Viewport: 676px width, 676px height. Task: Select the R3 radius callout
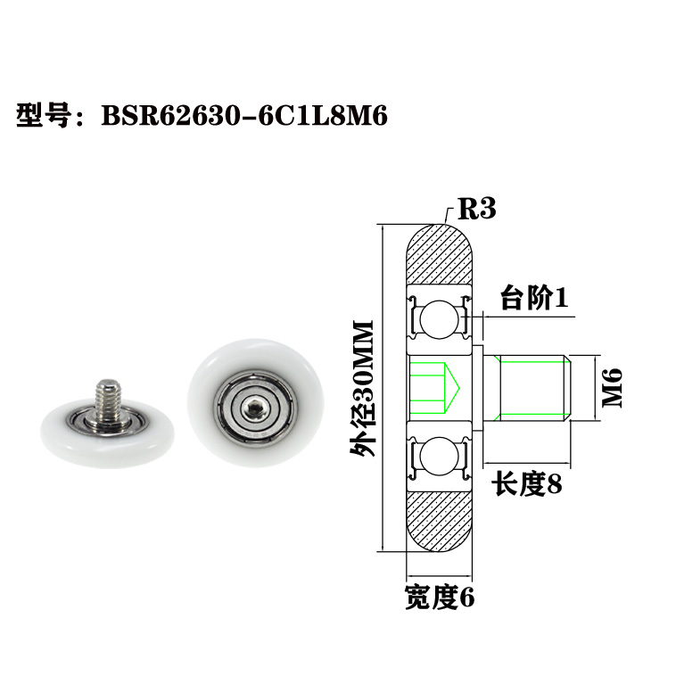pos(476,210)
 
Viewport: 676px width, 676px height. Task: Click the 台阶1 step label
pos(533,299)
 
